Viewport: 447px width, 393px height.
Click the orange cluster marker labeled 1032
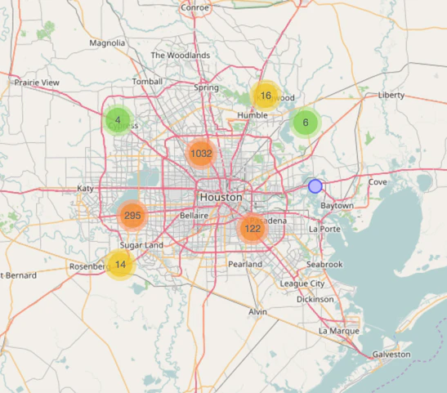tap(201, 153)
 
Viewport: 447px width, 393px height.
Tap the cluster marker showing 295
tap(132, 216)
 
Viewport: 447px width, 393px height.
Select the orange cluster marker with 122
tap(253, 229)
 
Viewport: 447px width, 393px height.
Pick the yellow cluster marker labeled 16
tap(266, 96)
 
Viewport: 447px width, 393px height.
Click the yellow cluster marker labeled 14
tap(120, 264)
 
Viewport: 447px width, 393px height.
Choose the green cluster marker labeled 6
tap(306, 123)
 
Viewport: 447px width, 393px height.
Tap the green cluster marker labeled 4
tap(118, 121)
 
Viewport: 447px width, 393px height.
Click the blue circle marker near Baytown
tap(315, 186)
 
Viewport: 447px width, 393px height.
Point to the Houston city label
tap(221, 198)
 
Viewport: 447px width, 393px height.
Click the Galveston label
tap(391, 355)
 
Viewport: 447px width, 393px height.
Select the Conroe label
tap(194, 7)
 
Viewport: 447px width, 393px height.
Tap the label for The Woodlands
tap(181, 56)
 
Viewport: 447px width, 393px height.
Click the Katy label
tap(86, 188)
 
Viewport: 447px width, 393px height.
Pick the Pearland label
tap(245, 265)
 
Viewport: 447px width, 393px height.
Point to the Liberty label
tap(391, 95)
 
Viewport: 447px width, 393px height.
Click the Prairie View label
tap(38, 83)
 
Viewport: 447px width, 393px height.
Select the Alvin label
tap(258, 312)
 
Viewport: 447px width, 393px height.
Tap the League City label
tap(302, 284)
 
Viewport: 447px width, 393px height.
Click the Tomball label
tap(148, 82)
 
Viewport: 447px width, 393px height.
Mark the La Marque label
tap(338, 331)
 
